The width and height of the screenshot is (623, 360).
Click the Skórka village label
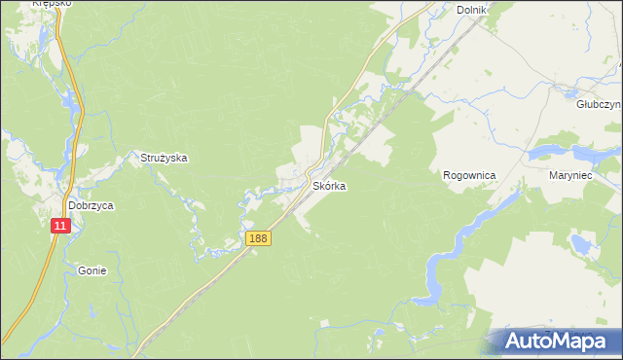pyautogui.click(x=328, y=185)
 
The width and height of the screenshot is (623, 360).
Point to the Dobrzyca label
pyautogui.click(x=92, y=206)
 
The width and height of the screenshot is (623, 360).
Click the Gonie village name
pyautogui.click(x=92, y=271)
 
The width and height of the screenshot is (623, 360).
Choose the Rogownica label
pyautogui.click(x=469, y=175)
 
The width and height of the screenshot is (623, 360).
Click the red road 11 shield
pyautogui.click(x=61, y=225)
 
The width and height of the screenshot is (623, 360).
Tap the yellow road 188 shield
pyautogui.click(x=257, y=238)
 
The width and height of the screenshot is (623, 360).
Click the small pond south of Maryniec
pyautogui.click(x=583, y=242)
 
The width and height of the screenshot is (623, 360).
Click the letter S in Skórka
pyautogui.click(x=314, y=185)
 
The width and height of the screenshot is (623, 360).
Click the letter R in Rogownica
pyautogui.click(x=447, y=175)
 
